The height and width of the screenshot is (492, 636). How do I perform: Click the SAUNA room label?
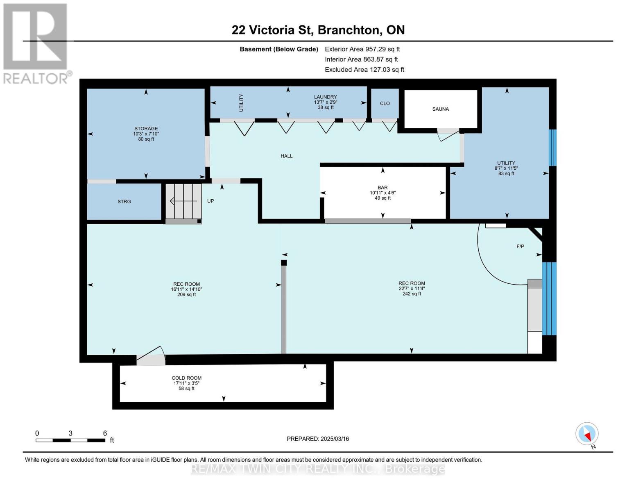pyautogui.click(x=440, y=109)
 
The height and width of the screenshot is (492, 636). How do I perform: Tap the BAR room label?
pyautogui.click(x=383, y=187)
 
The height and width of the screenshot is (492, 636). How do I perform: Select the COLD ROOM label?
pyautogui.click(x=186, y=378)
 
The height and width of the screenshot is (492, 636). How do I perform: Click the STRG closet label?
pyautogui.click(x=124, y=202)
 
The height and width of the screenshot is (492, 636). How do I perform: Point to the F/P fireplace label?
pyautogui.click(x=520, y=246)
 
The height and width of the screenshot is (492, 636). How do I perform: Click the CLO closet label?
pyautogui.click(x=385, y=104)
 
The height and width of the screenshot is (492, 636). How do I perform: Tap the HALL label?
pyautogui.click(x=286, y=156)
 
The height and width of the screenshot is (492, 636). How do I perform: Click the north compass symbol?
pyautogui.click(x=587, y=434)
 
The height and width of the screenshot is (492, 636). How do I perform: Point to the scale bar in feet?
pyautogui.click(x=70, y=440)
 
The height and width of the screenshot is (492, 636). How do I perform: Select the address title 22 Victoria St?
pyautogui.click(x=318, y=30)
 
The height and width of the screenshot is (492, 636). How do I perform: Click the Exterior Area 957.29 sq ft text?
pyautogui.click(x=362, y=49)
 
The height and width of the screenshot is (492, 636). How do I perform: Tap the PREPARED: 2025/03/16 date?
pyautogui.click(x=318, y=439)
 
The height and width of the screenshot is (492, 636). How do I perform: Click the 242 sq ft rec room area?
pyautogui.click(x=412, y=294)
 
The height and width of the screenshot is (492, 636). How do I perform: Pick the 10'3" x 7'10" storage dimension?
pyautogui.click(x=146, y=134)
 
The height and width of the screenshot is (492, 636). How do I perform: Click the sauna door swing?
pyautogui.click(x=447, y=134)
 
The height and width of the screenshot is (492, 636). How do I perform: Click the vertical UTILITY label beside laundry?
pyautogui.click(x=241, y=103)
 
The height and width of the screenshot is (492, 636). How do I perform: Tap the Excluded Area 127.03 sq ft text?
pyautogui.click(x=364, y=70)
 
